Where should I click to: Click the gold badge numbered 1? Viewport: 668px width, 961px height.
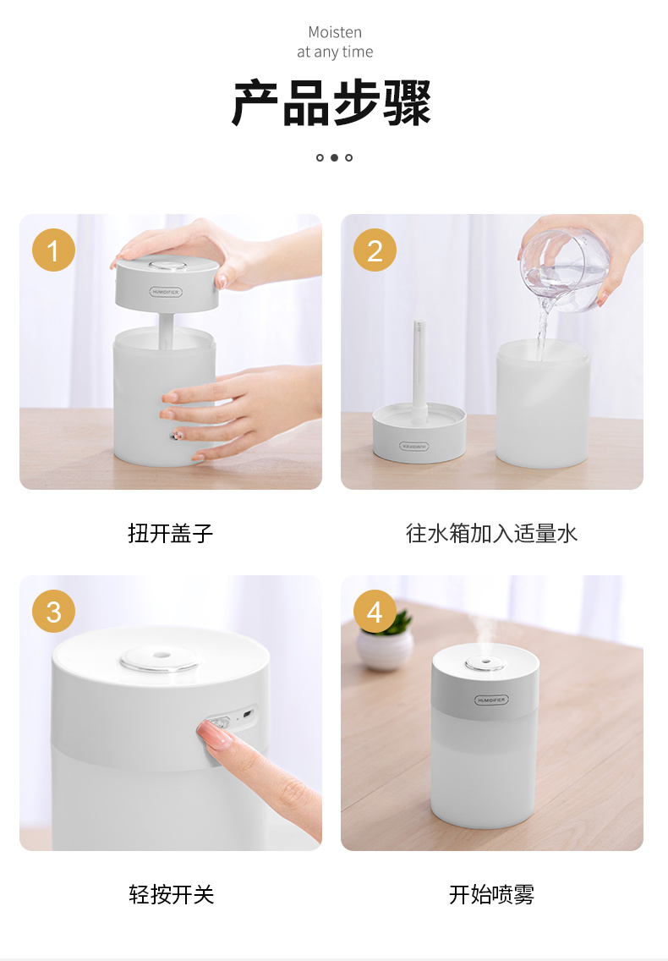[x=53, y=250]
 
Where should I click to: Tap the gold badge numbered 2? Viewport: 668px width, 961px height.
[x=375, y=250]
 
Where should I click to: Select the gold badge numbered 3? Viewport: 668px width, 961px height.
[x=53, y=611]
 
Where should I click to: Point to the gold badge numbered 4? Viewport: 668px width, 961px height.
[x=375, y=611]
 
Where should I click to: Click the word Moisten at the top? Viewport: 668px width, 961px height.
[x=335, y=32]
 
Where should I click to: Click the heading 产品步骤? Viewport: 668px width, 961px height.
[x=331, y=103]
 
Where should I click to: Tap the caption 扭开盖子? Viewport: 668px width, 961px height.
[x=170, y=533]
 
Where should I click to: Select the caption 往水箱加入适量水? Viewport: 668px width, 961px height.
[x=491, y=533]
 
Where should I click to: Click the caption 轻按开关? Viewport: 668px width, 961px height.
[x=171, y=895]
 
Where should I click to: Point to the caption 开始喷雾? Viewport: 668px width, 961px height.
[x=491, y=895]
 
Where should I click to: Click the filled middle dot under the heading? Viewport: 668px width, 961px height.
[x=334, y=157]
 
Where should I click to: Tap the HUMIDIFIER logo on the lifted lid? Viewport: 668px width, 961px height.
[x=166, y=292]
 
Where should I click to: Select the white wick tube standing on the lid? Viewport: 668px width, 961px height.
[x=419, y=371]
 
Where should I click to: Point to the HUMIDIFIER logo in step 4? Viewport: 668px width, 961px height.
[x=491, y=700]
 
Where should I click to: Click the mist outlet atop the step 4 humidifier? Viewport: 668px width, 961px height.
[x=485, y=664]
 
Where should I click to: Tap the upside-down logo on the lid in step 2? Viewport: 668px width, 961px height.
[x=415, y=446]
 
